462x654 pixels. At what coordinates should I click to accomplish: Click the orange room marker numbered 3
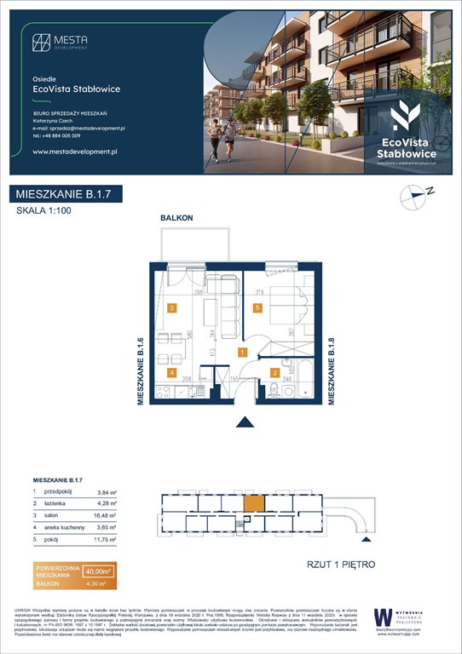[172, 308]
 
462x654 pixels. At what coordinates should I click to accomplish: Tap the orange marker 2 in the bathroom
[274, 372]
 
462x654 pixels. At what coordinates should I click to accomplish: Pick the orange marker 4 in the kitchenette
[172, 372]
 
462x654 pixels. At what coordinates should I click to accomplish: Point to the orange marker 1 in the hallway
[242, 351]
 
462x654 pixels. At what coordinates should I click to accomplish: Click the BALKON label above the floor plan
[177, 219]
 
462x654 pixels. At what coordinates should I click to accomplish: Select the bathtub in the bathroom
[301, 371]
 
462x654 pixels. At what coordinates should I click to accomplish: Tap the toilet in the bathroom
[273, 393]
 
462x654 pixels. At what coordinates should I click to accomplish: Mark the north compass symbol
[414, 197]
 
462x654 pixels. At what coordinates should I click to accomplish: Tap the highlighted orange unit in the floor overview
[254, 504]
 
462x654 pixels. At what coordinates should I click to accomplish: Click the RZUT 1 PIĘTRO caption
[340, 564]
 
